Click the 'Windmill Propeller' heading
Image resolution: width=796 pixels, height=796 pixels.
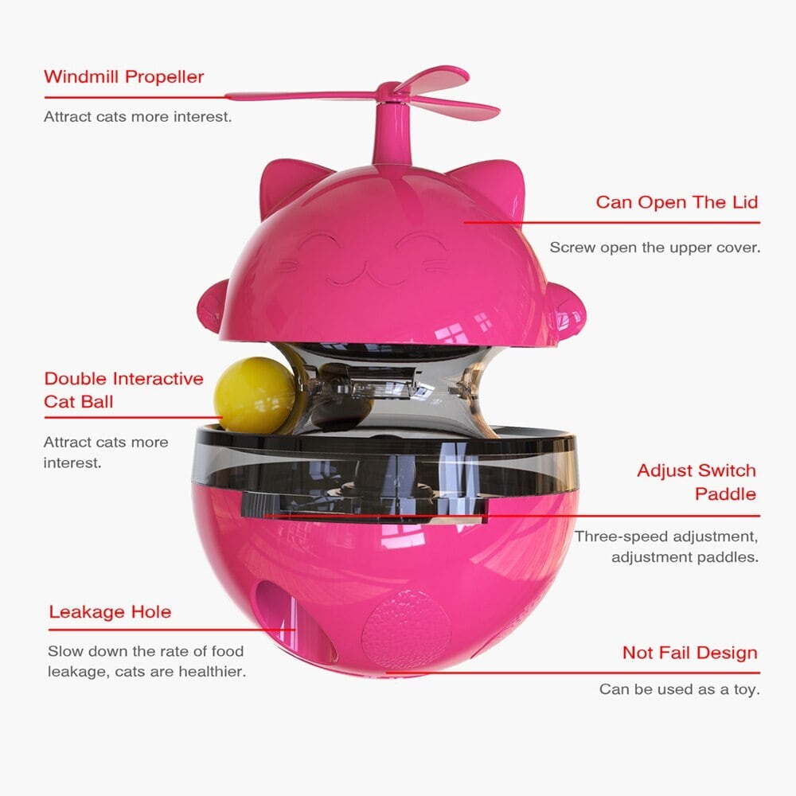[123, 77]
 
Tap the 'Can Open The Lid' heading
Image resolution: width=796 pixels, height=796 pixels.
[677, 202]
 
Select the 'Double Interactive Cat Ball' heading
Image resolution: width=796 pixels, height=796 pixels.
[123, 390]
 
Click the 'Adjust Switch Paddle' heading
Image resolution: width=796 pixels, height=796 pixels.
[696, 482]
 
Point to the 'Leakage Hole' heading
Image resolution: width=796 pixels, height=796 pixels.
[110, 612]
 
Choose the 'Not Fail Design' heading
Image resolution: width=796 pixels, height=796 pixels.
[689, 654]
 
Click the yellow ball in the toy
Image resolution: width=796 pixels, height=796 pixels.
[254, 393]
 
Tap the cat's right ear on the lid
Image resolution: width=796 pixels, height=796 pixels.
[497, 186]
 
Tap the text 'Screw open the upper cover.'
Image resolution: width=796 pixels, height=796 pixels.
[654, 248]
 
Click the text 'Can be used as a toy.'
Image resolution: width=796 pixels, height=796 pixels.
[679, 689]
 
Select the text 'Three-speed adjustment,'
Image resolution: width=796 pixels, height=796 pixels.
[666, 537]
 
